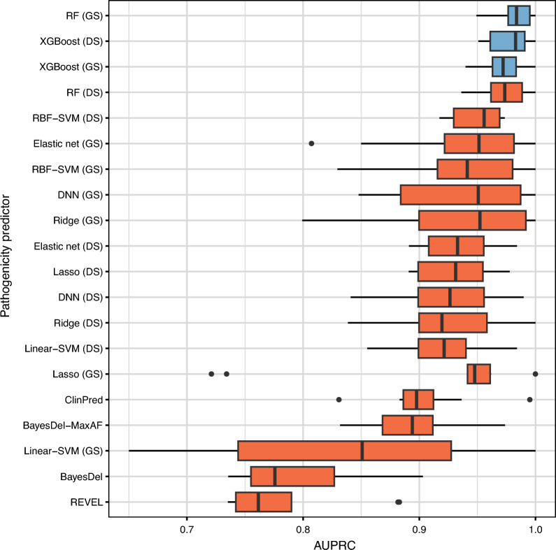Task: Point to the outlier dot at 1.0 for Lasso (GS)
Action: [x=535, y=374]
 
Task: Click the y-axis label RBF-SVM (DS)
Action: [x=72, y=117]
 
